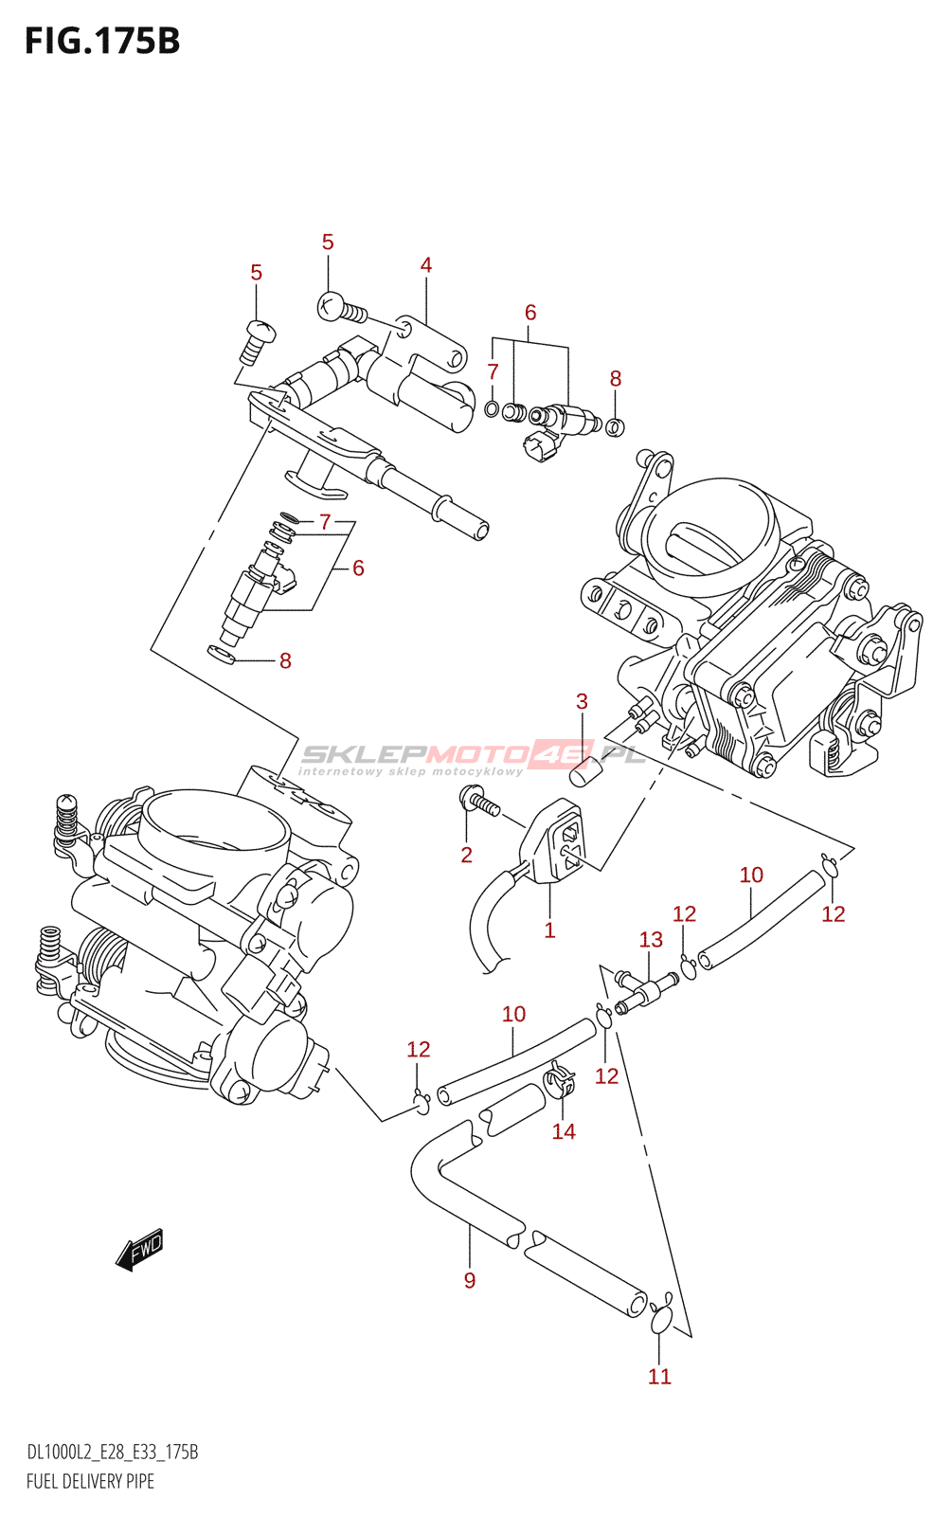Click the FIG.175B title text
(102, 42)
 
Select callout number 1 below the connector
(549, 930)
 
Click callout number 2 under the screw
(466, 855)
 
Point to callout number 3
(582, 702)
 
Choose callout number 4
(426, 265)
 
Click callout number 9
(470, 1281)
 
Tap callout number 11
(659, 1377)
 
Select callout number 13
(651, 940)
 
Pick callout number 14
(564, 1131)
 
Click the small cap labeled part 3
(583, 774)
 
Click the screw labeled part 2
(479, 803)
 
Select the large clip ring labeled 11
(661, 1319)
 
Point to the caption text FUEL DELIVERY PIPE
(90, 1481)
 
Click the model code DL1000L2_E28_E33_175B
(112, 1453)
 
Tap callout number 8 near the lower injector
(285, 661)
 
